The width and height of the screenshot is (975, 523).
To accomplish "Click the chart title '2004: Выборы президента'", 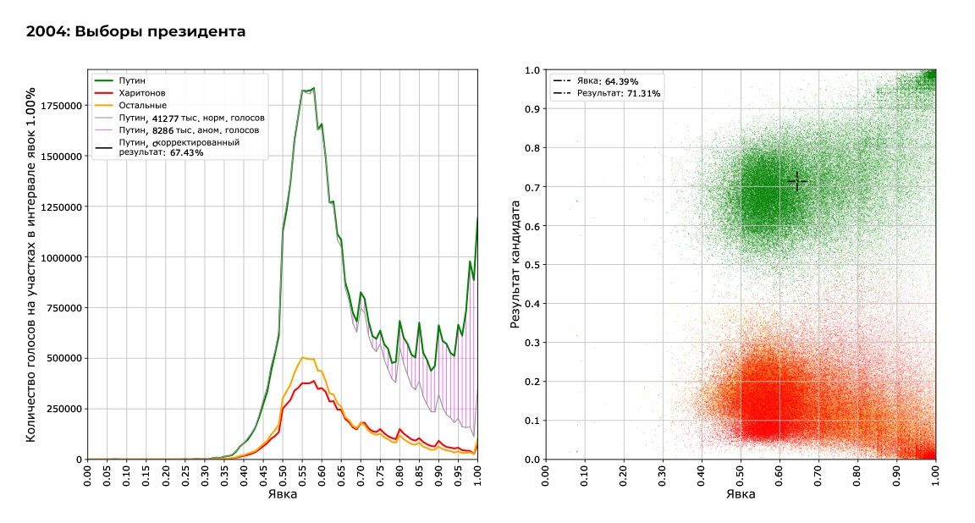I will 135,32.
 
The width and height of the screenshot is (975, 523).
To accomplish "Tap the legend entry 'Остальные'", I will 141,105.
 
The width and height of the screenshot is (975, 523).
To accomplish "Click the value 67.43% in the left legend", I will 186,153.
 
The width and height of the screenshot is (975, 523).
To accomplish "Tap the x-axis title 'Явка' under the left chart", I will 282,494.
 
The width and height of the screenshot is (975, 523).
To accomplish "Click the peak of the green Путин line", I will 313,88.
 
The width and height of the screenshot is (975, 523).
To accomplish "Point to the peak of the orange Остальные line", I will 303,358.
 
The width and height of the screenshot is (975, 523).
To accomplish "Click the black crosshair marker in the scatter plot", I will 796,181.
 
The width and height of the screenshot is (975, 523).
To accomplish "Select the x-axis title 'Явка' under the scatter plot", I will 741,494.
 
